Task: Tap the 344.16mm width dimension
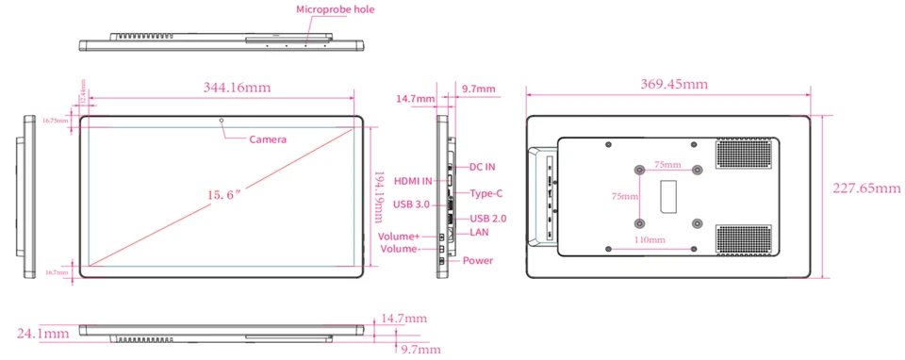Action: (x=238, y=88)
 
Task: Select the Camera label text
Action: (x=268, y=139)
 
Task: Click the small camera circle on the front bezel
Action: (x=222, y=121)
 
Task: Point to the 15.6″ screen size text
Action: (x=224, y=194)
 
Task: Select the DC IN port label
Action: (x=482, y=167)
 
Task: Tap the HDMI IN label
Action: (x=412, y=181)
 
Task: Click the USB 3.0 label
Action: (x=412, y=205)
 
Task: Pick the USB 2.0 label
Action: (x=489, y=218)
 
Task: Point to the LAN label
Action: (x=479, y=232)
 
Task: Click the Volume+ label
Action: (x=398, y=237)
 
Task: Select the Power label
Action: (x=478, y=260)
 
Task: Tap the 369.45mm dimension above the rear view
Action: (x=668, y=85)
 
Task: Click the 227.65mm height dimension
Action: (x=865, y=188)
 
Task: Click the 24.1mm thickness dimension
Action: (x=41, y=333)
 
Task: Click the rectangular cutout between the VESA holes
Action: (x=668, y=197)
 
